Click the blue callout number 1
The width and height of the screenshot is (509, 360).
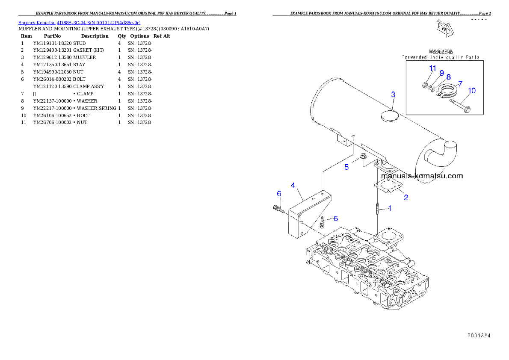coord(390,208)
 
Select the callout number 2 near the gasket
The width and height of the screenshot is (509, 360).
coord(406,197)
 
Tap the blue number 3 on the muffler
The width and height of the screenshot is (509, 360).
coord(393,94)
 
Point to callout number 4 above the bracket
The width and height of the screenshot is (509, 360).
coord(293,185)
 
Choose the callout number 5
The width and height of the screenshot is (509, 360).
coord(347,167)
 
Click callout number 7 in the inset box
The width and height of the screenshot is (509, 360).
coord(460,83)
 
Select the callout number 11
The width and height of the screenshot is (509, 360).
coord(433,68)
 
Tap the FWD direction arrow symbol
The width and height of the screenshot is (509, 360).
coord(444,28)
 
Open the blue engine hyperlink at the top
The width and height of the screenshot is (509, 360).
coord(79,22)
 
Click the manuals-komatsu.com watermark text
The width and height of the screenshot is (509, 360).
coord(421,176)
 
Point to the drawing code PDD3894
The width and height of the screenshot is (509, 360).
coord(478,336)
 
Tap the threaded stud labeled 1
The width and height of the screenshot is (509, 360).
coord(377,209)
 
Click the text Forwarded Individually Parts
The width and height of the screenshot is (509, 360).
coord(441,57)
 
